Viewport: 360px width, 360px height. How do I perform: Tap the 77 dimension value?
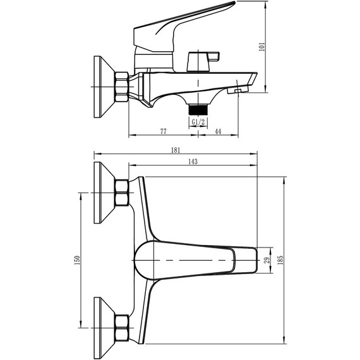click(x=163, y=131)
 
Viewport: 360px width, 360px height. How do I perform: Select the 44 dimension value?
click(x=218, y=131)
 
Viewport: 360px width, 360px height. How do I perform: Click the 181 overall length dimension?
click(x=175, y=150)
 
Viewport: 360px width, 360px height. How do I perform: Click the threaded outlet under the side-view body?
click(x=198, y=108)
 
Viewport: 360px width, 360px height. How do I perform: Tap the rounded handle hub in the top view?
click(x=147, y=260)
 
